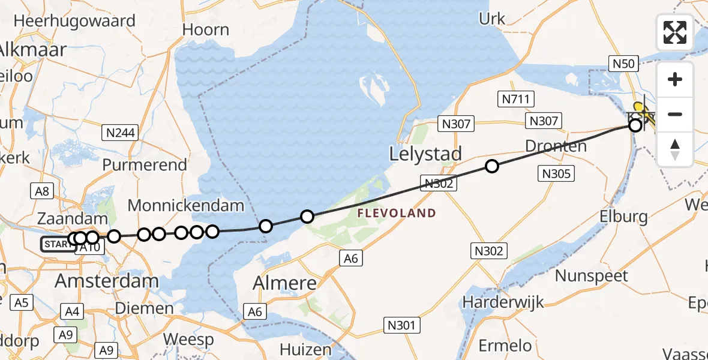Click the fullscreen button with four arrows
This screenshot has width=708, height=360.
[x=675, y=32]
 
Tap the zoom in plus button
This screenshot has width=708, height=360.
[x=675, y=80]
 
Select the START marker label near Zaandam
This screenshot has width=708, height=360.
[x=55, y=244]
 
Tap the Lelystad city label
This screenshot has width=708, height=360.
[x=425, y=154]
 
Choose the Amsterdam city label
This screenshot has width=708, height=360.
[x=107, y=281]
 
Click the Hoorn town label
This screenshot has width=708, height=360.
[x=206, y=30]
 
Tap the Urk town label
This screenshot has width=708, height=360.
[x=493, y=19]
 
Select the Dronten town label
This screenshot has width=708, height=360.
[x=556, y=146]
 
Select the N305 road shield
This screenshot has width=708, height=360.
[x=557, y=174]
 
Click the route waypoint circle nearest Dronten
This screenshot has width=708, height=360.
[x=492, y=166]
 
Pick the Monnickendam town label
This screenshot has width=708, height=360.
[x=186, y=206]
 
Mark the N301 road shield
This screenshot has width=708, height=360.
[x=401, y=326]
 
